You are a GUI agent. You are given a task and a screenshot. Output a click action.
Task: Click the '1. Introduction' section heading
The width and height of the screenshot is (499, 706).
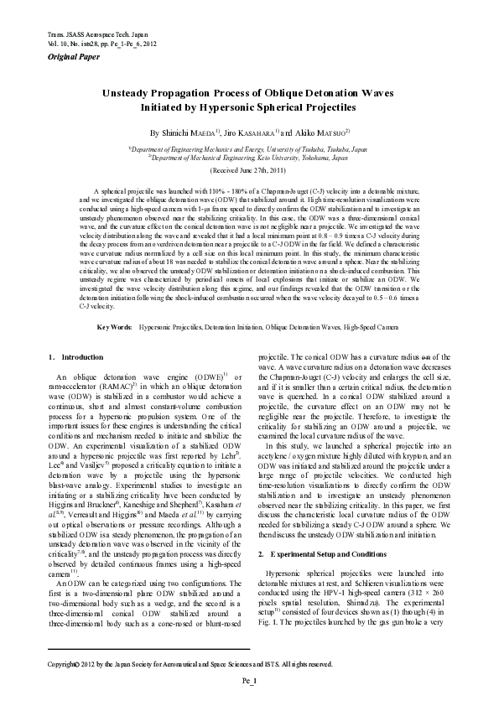(x=76, y=357)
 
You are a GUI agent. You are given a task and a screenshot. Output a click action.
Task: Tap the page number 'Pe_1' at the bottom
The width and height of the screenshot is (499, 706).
(x=249, y=683)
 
